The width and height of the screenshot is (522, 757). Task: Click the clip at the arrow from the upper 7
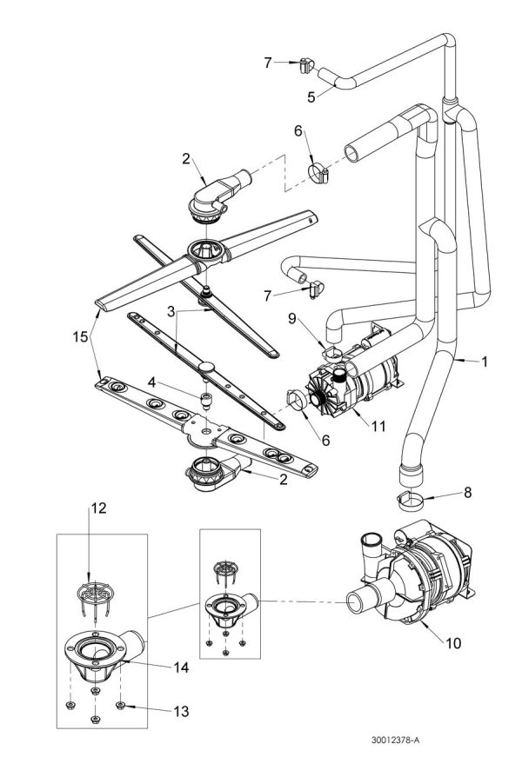(304, 63)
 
